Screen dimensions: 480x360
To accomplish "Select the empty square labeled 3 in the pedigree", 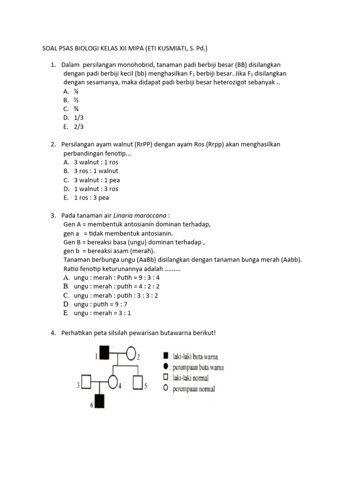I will click(87, 382).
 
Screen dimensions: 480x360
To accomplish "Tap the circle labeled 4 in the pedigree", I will click(113, 382).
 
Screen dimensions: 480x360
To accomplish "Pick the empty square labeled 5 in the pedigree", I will click(138, 382).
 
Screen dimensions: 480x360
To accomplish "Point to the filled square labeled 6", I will click(99, 402).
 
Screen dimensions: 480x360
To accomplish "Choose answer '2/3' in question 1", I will click(78, 127).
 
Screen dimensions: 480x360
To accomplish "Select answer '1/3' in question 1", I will click(78, 118).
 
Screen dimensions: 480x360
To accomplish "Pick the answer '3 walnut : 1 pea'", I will click(97, 180).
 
